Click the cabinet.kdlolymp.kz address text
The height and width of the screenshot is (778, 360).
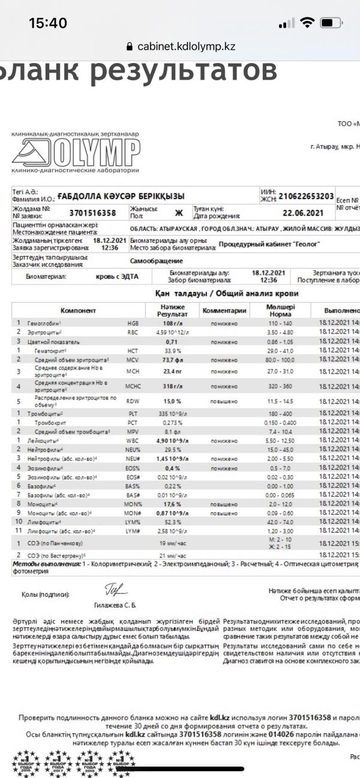[186, 46]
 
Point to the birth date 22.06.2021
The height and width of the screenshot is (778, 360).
[306, 212]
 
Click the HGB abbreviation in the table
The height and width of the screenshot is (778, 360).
[133, 323]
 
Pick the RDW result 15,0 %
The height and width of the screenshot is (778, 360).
[172, 401]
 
